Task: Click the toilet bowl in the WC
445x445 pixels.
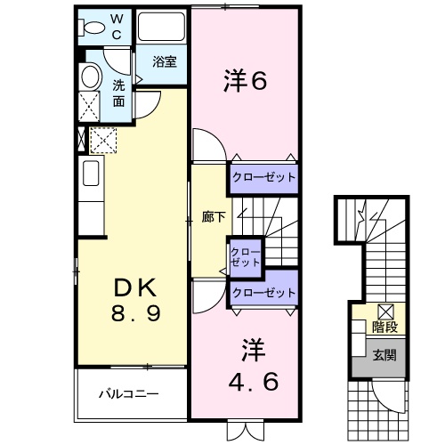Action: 92,28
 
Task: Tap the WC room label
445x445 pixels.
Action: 117,27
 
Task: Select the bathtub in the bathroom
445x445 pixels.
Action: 161,26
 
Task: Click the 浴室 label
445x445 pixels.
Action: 165,61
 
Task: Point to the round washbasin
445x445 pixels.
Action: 90,76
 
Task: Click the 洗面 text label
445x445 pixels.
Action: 118,93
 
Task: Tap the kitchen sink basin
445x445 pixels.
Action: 91,173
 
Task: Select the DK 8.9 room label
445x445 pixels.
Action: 136,300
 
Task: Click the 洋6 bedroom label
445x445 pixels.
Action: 246,80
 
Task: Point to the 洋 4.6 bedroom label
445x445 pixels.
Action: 254,365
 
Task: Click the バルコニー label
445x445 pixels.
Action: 129,394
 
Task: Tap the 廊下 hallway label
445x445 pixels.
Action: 214,217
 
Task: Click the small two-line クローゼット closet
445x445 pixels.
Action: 246,257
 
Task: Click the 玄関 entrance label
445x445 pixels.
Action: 384,355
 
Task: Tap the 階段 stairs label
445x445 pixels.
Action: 384,327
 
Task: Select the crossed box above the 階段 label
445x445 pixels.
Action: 386,311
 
